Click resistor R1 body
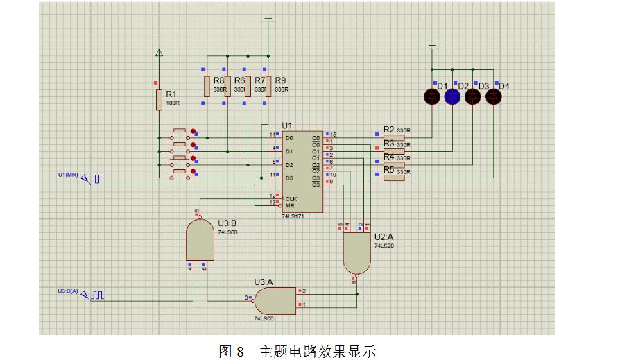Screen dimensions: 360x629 159,99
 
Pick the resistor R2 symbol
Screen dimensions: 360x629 393,137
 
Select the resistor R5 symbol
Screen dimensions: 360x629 393,178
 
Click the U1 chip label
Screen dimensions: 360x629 287,125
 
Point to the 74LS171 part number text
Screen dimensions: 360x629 293,216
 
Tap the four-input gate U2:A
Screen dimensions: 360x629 357,251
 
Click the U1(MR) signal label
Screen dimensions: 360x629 67,174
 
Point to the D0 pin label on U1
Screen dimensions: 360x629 289,137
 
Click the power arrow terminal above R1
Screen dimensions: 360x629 159,53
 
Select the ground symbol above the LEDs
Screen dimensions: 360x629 432,46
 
